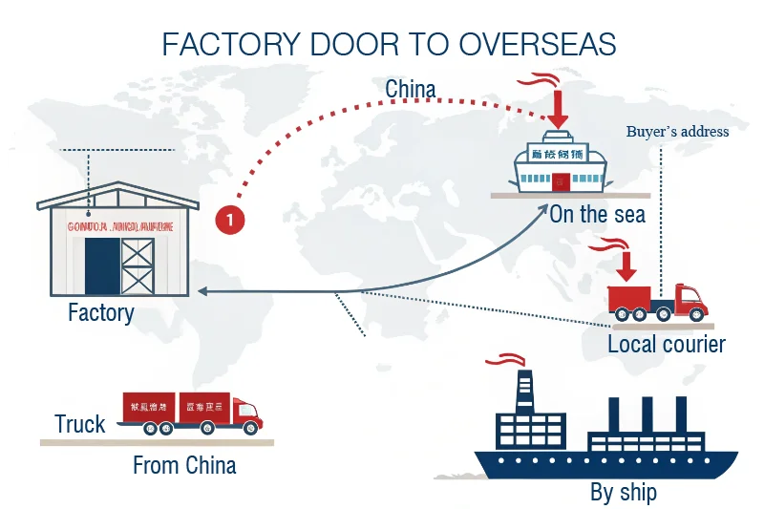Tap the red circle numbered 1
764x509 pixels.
(x=230, y=220)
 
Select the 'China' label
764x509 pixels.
(x=411, y=90)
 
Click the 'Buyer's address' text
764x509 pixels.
(x=677, y=132)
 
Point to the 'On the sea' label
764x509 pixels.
(x=597, y=213)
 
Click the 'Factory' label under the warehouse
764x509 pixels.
(x=101, y=312)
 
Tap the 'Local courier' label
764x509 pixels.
(x=667, y=344)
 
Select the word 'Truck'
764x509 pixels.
(x=80, y=424)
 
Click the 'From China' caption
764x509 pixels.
(x=184, y=466)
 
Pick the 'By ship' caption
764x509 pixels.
(x=623, y=493)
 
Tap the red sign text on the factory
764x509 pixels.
(x=119, y=228)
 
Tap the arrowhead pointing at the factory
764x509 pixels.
(x=204, y=291)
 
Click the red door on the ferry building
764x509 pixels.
(x=560, y=180)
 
